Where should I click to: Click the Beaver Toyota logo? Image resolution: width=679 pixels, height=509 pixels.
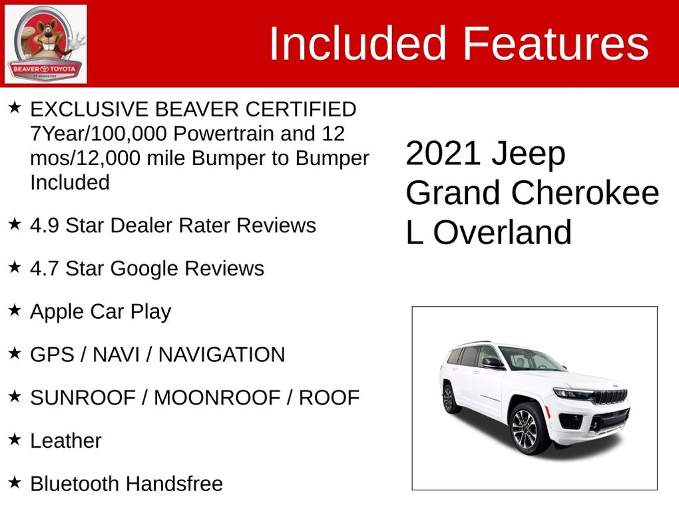45,44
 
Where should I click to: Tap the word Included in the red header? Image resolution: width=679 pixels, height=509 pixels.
357,44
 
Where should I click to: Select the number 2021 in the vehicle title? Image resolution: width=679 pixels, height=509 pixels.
443,154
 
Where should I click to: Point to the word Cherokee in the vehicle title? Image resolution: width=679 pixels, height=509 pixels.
585,194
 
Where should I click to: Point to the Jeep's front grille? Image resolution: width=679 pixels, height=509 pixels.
610,397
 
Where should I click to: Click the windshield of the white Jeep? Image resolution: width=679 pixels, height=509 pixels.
530,359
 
